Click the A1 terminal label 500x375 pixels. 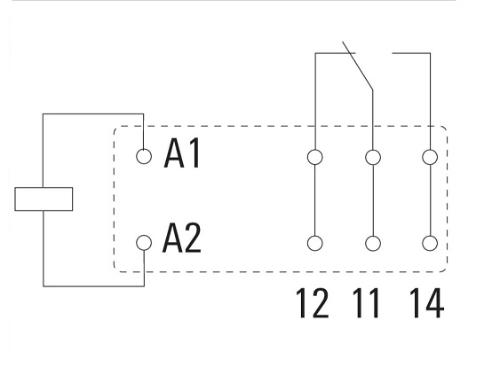(x=182, y=153)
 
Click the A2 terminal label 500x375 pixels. (x=182, y=238)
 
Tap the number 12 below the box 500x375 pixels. (x=313, y=303)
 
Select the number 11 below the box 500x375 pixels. (x=366, y=303)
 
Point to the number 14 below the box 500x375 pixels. (x=426, y=303)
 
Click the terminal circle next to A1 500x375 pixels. (x=144, y=156)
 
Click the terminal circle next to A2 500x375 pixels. (x=144, y=243)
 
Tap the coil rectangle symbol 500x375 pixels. (x=44, y=199)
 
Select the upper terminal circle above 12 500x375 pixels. (x=315, y=157)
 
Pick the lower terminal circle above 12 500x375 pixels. (x=315, y=244)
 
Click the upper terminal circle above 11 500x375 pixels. (x=373, y=157)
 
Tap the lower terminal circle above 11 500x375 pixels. (x=373, y=244)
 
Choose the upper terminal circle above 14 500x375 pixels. (x=430, y=157)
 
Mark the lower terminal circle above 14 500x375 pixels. (x=430, y=244)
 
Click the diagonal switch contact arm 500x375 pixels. (x=358, y=66)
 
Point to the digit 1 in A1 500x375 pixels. (x=194, y=153)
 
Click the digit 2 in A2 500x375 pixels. (x=192, y=238)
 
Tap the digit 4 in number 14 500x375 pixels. (x=433, y=303)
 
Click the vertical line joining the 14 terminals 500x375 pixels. (x=430, y=200)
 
